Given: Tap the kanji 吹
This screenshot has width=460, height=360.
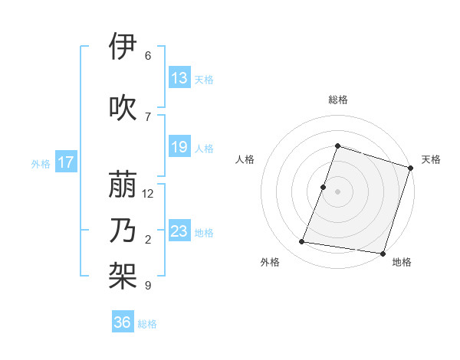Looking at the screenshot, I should coord(123,107).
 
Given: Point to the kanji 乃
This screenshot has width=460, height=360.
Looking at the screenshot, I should coord(123,231).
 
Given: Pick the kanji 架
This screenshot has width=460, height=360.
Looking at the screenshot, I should coord(123,277).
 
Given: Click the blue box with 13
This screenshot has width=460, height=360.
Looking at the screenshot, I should coord(179,78).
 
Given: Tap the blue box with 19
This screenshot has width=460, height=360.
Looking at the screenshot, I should coord(179,147).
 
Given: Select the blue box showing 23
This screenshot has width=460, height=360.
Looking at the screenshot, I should coord(179,231).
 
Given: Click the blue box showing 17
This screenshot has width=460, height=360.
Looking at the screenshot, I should coord(65,162).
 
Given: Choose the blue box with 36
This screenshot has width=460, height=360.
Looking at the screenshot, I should coord(123,323).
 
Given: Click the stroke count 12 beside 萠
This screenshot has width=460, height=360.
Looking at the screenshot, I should coord(148,194).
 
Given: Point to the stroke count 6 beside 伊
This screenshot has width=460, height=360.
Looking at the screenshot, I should coord(148,56).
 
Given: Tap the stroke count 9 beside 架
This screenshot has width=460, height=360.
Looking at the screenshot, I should coord(148,286).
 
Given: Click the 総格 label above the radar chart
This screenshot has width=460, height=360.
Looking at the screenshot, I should coord(337,100).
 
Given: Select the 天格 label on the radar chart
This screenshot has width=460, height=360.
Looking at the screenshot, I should coord(431,159).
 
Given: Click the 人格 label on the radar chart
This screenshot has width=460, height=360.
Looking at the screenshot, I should coord(245,159).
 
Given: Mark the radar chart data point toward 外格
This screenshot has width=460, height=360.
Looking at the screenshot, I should coord(302,242).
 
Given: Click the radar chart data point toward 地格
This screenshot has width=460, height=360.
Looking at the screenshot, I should coord(382,254).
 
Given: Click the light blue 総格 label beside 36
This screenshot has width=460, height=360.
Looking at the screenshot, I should coord(147,324).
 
